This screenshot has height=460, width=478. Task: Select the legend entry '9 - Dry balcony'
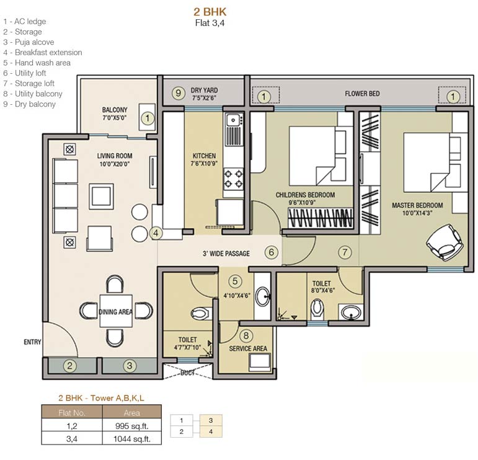click(x=29, y=104)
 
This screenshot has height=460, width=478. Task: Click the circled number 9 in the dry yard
click(x=177, y=94)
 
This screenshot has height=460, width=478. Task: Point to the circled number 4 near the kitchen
click(x=157, y=234)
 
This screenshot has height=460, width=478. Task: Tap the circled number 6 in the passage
click(x=271, y=252)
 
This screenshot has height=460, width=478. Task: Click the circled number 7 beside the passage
click(x=345, y=252)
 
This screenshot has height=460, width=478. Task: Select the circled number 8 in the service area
click(x=246, y=336)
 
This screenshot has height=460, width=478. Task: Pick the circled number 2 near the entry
click(x=70, y=366)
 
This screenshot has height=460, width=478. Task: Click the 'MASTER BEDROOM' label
click(x=417, y=205)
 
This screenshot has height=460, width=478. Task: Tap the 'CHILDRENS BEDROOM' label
click(x=305, y=195)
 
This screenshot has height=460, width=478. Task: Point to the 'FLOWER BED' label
click(x=362, y=94)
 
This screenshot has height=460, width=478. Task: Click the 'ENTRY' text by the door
click(x=32, y=342)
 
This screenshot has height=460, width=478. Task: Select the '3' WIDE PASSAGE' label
click(x=226, y=254)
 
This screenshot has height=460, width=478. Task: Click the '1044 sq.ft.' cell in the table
click(x=133, y=439)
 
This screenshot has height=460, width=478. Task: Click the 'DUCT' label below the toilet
click(x=188, y=373)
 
